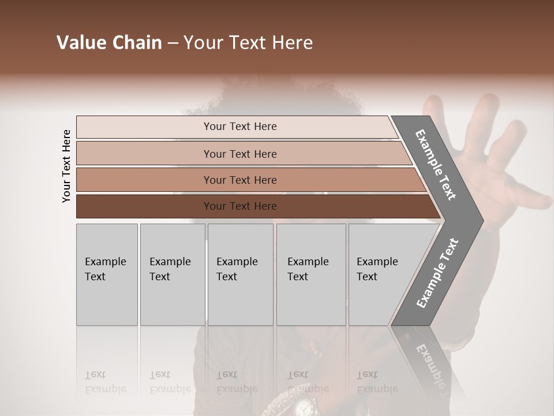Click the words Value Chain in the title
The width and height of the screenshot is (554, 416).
(109, 43)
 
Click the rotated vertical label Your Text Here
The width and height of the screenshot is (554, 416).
(66, 166)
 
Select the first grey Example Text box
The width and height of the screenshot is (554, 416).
(107, 274)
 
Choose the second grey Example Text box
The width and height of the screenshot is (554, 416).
(173, 274)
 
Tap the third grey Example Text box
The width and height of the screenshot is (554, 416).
(240, 274)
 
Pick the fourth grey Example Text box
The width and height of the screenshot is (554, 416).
(311, 274)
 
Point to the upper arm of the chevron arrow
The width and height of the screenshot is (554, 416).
(436, 165)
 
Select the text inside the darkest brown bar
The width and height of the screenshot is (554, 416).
(240, 206)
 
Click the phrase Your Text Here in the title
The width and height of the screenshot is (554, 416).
(248, 43)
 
